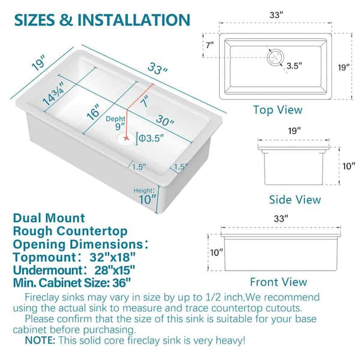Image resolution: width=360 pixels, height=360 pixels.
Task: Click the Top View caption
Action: click(x=278, y=110)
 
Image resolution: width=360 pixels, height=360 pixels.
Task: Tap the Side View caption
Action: click(x=295, y=200)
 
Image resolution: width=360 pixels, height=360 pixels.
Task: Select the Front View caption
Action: click(x=278, y=282)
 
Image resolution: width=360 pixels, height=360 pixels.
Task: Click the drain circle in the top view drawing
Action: click(x=275, y=57)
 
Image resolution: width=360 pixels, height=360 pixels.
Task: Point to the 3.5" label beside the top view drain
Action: click(x=294, y=66)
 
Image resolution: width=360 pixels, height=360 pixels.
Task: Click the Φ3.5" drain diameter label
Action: click(x=151, y=139)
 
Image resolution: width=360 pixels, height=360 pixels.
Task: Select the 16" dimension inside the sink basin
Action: click(x=94, y=112)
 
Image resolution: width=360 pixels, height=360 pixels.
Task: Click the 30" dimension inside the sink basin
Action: click(x=165, y=121)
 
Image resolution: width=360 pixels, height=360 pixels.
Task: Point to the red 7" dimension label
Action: click(x=146, y=101)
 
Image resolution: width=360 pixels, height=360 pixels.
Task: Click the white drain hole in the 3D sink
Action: click(x=126, y=139)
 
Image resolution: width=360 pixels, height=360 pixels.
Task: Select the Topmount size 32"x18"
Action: click(x=112, y=257)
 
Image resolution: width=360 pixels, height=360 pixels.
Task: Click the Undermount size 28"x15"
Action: click(x=115, y=270)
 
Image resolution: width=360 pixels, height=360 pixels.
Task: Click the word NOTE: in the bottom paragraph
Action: click(x=40, y=340)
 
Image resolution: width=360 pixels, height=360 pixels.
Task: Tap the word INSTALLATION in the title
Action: click(x=134, y=20)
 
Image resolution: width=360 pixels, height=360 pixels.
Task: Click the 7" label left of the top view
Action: click(x=209, y=45)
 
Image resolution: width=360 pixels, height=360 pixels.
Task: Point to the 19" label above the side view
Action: click(x=295, y=131)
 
